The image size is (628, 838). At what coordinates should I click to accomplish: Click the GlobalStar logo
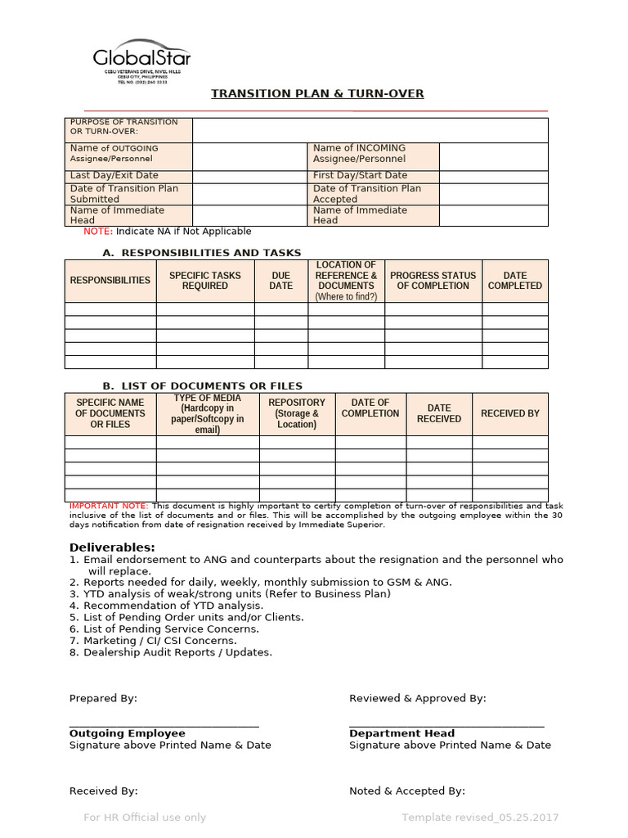click(x=141, y=59)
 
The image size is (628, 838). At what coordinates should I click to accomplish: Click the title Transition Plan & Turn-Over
click(x=317, y=93)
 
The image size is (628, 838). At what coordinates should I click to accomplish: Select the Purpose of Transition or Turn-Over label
click(x=123, y=127)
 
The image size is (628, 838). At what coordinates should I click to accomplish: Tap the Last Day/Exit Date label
click(x=114, y=176)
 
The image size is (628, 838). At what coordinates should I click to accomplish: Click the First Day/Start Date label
click(x=360, y=176)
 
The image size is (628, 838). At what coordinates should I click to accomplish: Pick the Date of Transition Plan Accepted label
click(x=367, y=194)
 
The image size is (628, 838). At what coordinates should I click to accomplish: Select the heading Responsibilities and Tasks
click(x=211, y=253)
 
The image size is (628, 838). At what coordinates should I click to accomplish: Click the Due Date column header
click(x=280, y=281)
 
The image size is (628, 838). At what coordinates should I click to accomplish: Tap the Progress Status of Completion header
click(x=433, y=281)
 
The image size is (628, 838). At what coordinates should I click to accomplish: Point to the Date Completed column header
click(x=514, y=281)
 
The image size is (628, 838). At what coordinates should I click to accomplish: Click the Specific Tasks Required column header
click(x=204, y=281)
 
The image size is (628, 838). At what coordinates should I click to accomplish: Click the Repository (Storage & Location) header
click(x=297, y=413)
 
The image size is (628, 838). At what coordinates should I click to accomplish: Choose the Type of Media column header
click(x=208, y=413)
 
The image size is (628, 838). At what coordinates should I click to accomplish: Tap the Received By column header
click(x=509, y=413)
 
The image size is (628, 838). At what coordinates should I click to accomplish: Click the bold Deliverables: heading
click(x=112, y=547)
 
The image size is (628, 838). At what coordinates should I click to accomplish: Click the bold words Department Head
click(x=401, y=733)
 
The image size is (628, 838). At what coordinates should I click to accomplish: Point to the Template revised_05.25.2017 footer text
click(x=480, y=818)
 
